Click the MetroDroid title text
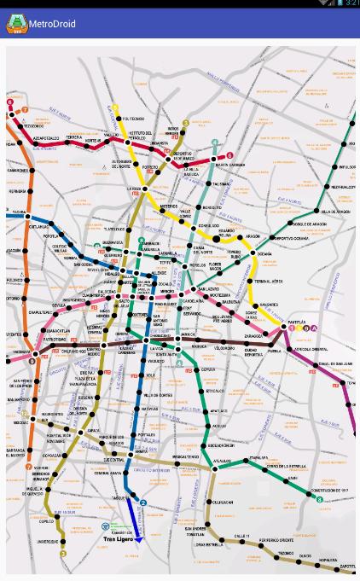coord(52,24)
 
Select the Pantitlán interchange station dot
coord(284,327)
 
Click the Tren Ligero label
coord(119,539)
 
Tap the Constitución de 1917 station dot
coord(320,489)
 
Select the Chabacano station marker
coord(165,337)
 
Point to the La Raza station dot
coord(145,189)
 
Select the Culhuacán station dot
coord(207,502)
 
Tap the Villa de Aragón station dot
coord(317,211)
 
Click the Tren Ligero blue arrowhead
coord(138,539)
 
